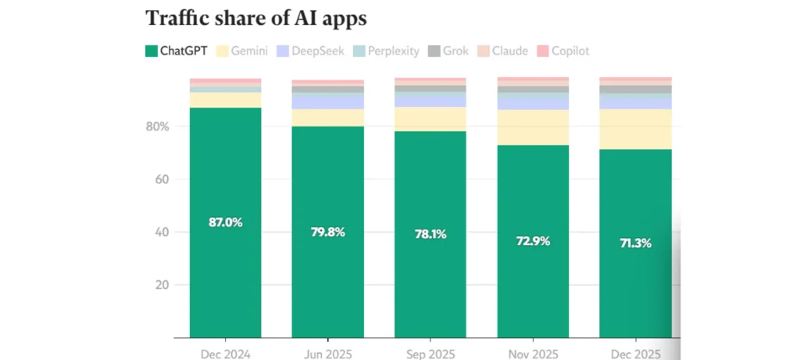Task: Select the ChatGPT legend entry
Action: [177, 52]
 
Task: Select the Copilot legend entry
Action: [561, 52]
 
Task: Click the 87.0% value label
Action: [225, 222]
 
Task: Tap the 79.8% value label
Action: [327, 231]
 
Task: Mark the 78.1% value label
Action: [430, 233]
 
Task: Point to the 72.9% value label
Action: [533, 241]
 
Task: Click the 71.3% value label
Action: [635, 242]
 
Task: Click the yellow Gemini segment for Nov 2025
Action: [533, 127]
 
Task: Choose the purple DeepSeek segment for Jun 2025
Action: [327, 102]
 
